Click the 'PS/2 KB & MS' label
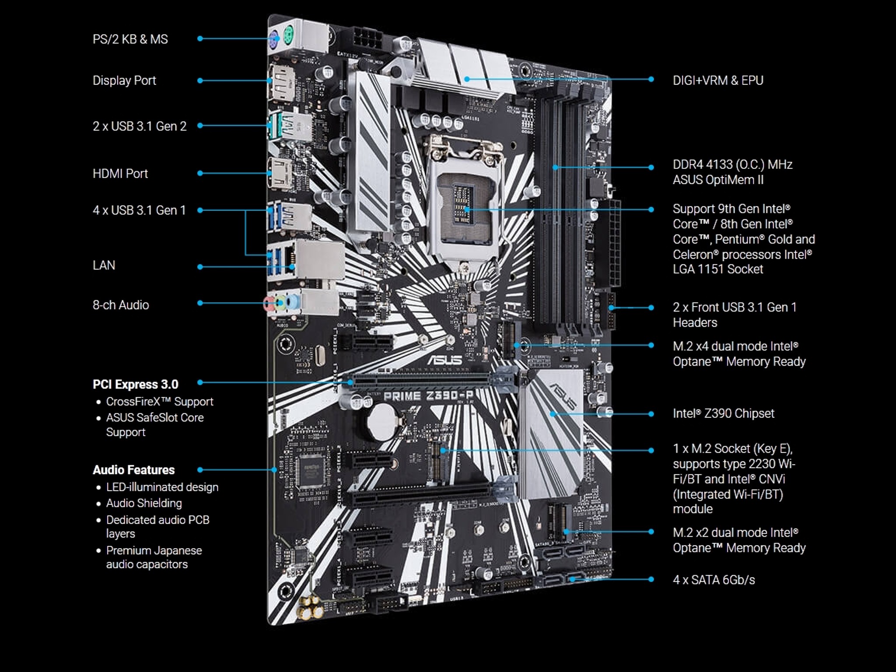click(x=130, y=39)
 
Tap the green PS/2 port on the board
click(x=288, y=32)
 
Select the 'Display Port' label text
click(x=124, y=80)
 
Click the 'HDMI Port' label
click(x=120, y=174)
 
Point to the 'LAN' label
click(x=104, y=266)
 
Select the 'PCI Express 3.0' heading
click(x=136, y=385)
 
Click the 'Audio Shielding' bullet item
click(x=144, y=503)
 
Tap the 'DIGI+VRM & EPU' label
click(x=718, y=80)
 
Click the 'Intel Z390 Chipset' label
click(x=724, y=413)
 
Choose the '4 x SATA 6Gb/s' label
click(x=714, y=580)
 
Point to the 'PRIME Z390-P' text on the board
click(x=428, y=396)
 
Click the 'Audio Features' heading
click(x=134, y=470)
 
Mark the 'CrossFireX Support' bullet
click(x=160, y=402)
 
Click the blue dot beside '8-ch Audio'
click(x=200, y=303)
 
